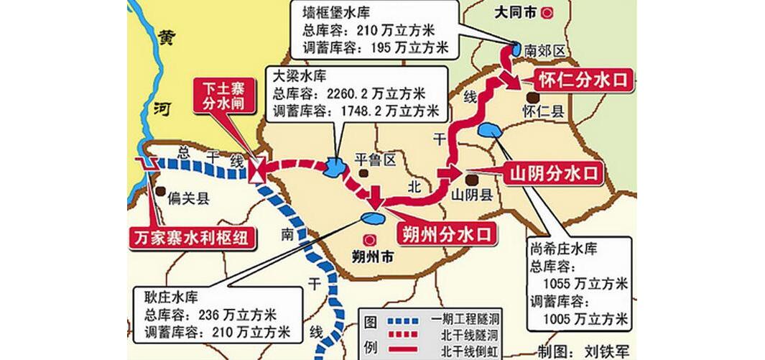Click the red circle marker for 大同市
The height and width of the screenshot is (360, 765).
point(549,12)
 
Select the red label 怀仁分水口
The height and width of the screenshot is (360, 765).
point(583,80)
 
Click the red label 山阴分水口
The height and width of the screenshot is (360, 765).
point(554,173)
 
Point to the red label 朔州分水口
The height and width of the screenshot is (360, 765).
point(446,234)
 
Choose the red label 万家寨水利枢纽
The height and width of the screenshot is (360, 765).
point(193,238)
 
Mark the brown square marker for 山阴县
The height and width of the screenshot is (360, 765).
point(471,180)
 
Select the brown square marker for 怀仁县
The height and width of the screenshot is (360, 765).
point(533,97)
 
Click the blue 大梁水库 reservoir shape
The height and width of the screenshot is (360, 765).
point(335,168)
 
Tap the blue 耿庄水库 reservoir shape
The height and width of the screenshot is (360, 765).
point(372,217)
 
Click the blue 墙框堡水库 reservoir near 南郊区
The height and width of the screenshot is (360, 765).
point(515,50)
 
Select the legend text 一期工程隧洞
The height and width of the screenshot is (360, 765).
point(465,318)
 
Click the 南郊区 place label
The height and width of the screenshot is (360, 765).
point(546,50)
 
